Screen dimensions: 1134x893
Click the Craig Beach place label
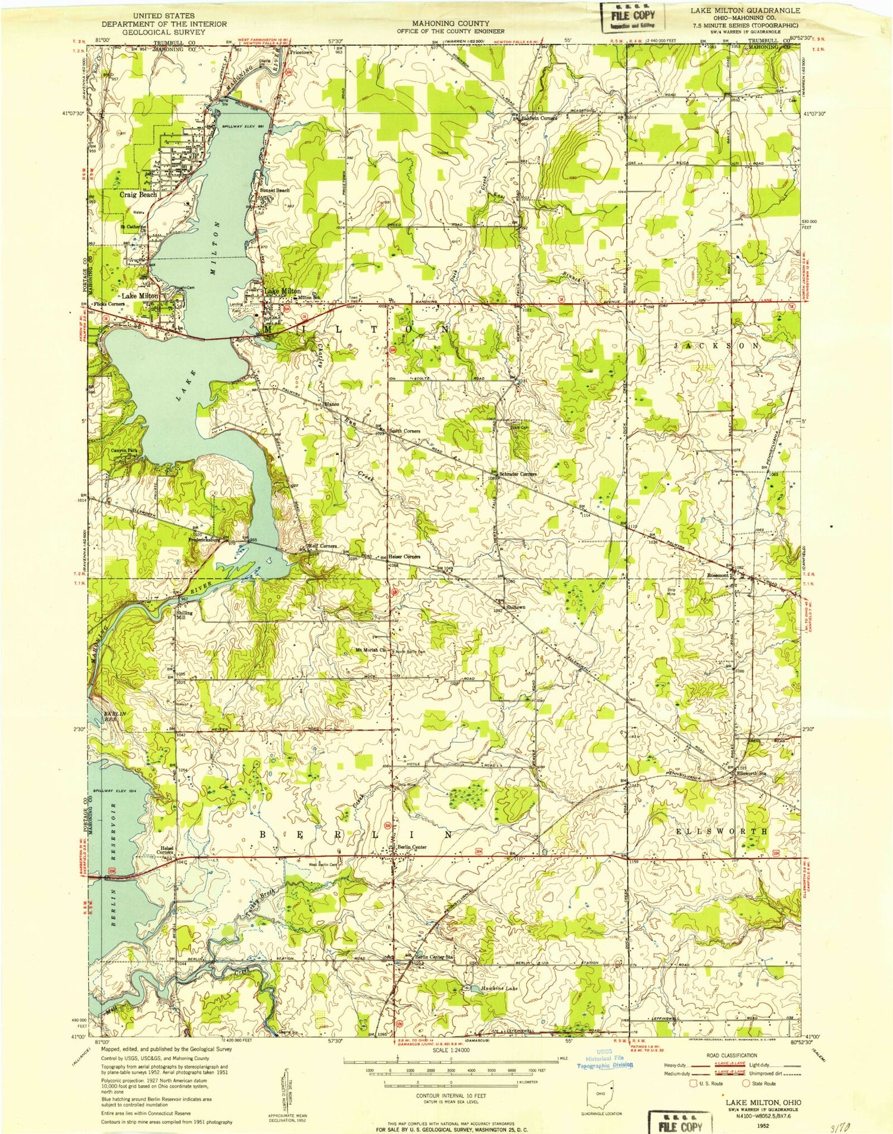(139, 195)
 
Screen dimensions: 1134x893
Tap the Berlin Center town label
(413, 847)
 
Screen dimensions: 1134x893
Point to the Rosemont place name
(717, 576)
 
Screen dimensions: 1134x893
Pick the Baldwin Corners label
(539, 118)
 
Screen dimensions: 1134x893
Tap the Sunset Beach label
(274, 190)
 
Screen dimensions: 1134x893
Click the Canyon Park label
(124, 451)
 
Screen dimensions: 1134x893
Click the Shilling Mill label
(184, 615)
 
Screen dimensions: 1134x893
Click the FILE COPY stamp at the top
(632, 17)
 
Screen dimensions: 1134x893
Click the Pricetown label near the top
(301, 52)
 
